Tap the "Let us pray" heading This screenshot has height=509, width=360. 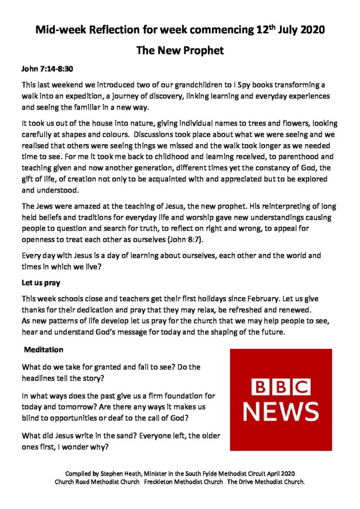(x=41, y=283)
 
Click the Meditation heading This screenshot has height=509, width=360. (x=44, y=349)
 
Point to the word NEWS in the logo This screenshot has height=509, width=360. (x=281, y=411)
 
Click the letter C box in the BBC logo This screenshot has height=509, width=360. (x=300, y=387)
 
